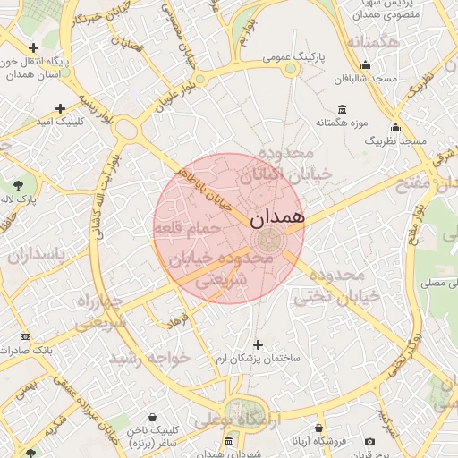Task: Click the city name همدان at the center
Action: [277, 216]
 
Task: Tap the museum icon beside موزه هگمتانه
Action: [318, 109]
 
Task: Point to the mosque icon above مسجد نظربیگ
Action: [395, 127]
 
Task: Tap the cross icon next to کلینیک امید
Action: [60, 108]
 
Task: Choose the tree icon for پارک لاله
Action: [18, 185]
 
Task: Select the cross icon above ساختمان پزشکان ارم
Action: [259, 344]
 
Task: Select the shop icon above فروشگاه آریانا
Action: [319, 428]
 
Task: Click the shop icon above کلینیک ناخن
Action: [154, 417]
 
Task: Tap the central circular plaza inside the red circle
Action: [267, 240]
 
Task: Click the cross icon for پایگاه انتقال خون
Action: [34, 47]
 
